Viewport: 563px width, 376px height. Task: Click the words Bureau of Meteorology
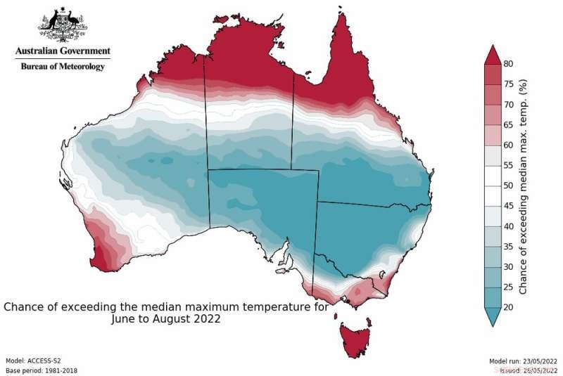point(63,66)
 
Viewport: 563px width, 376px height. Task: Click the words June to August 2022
point(166,318)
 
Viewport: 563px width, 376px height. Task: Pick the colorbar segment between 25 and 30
point(492,277)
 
